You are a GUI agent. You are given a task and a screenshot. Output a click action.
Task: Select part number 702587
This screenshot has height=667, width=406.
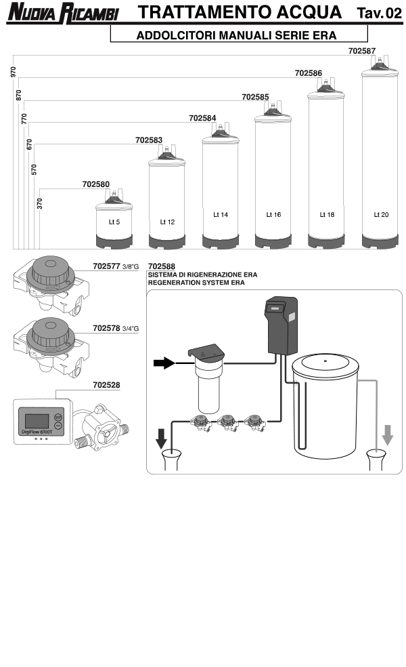[x=361, y=51]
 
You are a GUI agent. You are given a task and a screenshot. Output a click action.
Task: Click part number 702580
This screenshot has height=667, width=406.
[x=95, y=184]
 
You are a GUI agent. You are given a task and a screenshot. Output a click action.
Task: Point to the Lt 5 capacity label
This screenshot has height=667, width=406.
[x=114, y=222]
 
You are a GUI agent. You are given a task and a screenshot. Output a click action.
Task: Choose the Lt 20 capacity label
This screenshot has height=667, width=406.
[x=381, y=215]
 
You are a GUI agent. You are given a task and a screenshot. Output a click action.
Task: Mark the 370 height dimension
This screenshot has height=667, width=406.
[x=40, y=203]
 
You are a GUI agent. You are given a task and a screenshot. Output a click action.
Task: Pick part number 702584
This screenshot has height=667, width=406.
[x=202, y=118]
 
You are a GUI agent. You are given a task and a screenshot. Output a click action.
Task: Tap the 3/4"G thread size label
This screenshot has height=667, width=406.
[x=131, y=329]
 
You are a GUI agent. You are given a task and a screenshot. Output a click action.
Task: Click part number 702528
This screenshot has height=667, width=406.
[x=106, y=384]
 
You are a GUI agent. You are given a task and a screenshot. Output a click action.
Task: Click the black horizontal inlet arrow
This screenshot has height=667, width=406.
[x=164, y=364]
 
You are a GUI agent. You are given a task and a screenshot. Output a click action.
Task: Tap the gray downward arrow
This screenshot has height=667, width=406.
[x=387, y=434]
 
